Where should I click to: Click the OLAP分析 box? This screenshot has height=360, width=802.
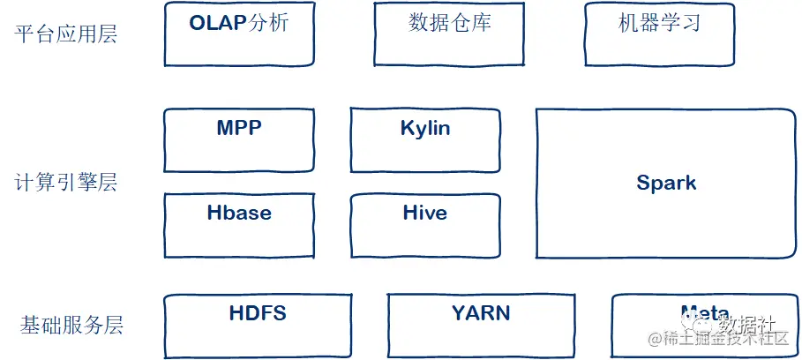click(239, 34)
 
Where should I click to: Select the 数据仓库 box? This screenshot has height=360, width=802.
click(450, 34)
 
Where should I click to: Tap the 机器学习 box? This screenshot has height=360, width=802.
click(660, 34)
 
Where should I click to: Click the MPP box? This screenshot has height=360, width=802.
click(238, 139)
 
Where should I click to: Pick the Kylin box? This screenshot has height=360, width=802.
click(425, 139)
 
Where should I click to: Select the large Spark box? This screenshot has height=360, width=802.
click(666, 184)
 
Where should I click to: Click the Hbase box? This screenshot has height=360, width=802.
click(238, 226)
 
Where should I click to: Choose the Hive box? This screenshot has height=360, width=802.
click(425, 226)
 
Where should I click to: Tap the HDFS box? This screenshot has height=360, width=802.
click(258, 325)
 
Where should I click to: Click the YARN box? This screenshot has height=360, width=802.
click(480, 325)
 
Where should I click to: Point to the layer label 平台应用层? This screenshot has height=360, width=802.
click(66, 34)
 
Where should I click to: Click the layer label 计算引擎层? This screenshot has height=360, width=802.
click(66, 184)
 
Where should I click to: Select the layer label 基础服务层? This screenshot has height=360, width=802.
click(71, 326)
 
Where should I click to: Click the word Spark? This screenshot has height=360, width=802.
click(666, 184)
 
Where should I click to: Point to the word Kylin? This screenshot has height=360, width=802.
click(425, 129)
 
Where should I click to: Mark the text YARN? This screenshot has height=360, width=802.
click(481, 313)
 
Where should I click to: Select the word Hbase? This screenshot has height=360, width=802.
click(239, 213)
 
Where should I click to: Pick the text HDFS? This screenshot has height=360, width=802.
click(258, 313)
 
